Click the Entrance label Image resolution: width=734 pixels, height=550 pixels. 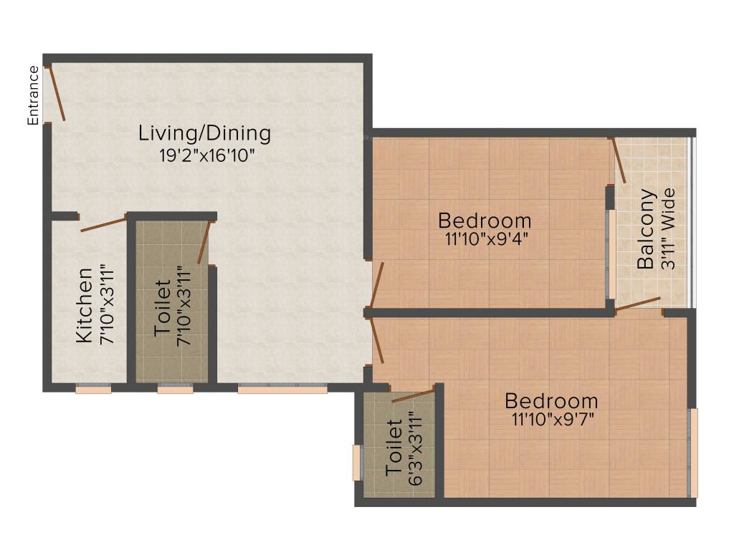click(x=33, y=95)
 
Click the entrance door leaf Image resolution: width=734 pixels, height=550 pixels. click(x=57, y=94)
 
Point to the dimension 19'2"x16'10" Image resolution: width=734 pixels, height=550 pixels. click(x=207, y=155)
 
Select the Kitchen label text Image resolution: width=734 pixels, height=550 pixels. click(x=85, y=305)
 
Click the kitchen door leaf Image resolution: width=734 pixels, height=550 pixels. click(x=103, y=226)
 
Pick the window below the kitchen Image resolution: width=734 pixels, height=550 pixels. click(x=93, y=389)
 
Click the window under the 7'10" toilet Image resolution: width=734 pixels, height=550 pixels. click(x=175, y=389)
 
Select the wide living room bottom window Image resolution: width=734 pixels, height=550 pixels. click(x=282, y=389)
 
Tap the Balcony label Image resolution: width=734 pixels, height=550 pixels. click(x=646, y=229)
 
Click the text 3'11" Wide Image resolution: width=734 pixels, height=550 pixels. click(x=668, y=229)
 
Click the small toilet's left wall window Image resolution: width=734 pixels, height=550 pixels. click(x=356, y=463)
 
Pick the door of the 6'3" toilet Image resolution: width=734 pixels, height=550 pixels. click(x=413, y=395)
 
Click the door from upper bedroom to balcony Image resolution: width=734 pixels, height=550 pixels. click(x=619, y=160)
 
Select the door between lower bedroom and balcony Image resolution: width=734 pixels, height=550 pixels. click(x=638, y=304)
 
